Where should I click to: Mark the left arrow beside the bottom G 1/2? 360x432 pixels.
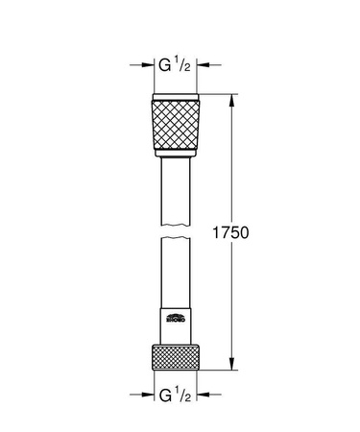(144, 393)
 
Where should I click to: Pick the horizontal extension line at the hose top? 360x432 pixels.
(216, 93)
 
